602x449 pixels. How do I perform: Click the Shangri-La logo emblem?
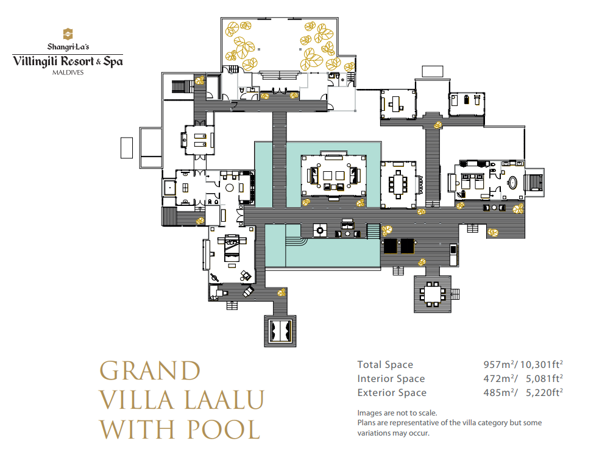(x=68, y=34)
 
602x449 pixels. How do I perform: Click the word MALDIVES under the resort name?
(x=68, y=72)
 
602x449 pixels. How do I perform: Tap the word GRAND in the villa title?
(x=150, y=370)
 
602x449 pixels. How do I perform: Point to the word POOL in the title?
(x=224, y=429)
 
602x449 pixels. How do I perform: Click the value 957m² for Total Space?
(x=499, y=364)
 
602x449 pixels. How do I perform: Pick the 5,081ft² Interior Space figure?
(x=544, y=378)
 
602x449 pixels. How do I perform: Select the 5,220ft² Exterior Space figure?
(x=544, y=392)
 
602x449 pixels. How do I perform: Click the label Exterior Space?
(x=392, y=392)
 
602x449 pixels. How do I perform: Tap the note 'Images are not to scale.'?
(x=397, y=413)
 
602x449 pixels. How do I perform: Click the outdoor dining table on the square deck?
(x=433, y=294)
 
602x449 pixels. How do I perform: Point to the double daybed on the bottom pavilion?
(x=280, y=331)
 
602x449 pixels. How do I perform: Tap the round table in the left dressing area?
(x=230, y=188)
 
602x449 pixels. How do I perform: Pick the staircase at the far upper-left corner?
(x=182, y=87)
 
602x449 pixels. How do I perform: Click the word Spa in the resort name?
(x=113, y=62)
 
